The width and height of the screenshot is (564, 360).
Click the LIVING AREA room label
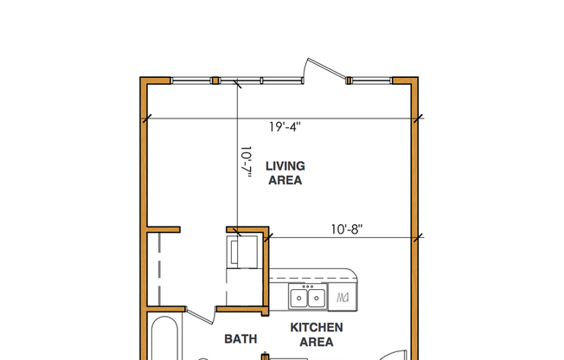[x=285, y=173]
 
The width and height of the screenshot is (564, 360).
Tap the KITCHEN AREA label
[x=316, y=334]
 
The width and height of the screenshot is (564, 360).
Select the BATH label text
[x=240, y=338]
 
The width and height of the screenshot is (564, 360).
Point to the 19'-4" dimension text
[x=285, y=126]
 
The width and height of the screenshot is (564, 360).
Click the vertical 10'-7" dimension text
[x=246, y=163]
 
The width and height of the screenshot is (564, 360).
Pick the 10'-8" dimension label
[x=346, y=229]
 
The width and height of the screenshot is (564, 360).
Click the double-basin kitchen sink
[x=306, y=298]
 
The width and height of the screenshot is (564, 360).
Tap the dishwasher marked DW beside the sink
[x=343, y=298]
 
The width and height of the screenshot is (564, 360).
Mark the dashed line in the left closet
[x=161, y=269]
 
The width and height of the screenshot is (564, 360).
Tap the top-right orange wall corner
[x=413, y=82]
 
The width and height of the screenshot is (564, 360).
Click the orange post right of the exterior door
[x=349, y=81]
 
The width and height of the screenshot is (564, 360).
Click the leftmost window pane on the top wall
[x=191, y=81]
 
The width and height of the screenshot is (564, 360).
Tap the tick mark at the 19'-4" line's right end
[x=418, y=118]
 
